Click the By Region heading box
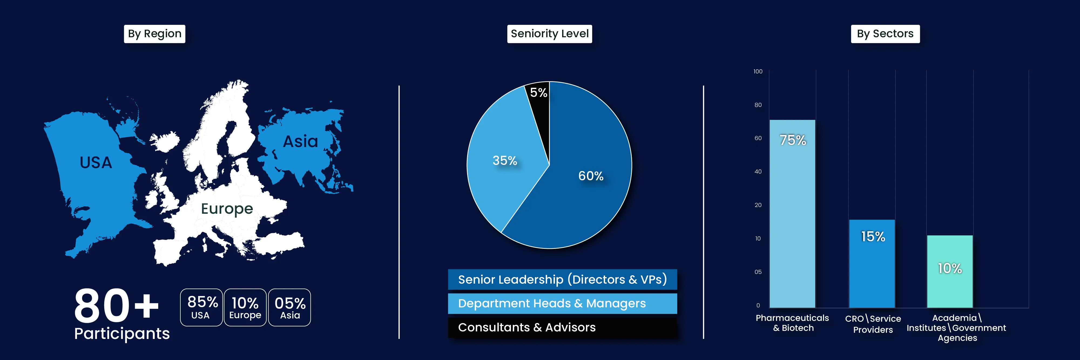point(154,33)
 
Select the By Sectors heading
point(885,33)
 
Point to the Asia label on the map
point(300,142)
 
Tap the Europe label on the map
point(227,209)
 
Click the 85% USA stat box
point(201,307)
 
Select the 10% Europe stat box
point(245,307)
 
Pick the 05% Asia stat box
point(290,307)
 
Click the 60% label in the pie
point(591,176)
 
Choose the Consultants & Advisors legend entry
point(562,327)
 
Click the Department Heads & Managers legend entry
point(562,303)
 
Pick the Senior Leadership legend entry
point(562,280)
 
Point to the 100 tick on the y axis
point(758,72)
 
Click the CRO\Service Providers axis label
point(873,324)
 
